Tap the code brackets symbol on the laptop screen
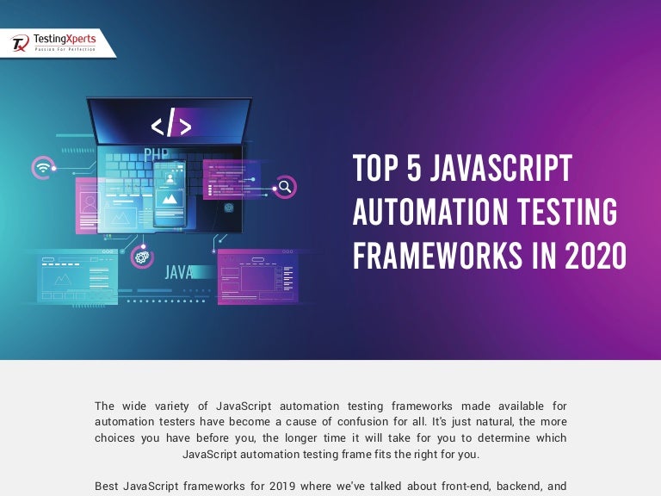(171, 125)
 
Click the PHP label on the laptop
(157, 156)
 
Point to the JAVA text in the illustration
(179, 273)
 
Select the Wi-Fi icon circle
(41, 167)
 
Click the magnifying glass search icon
(285, 186)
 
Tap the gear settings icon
(140, 255)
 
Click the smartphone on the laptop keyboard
(170, 195)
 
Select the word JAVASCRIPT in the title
(501, 168)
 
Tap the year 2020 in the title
(596, 256)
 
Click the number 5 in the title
(414, 168)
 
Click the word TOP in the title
(375, 168)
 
